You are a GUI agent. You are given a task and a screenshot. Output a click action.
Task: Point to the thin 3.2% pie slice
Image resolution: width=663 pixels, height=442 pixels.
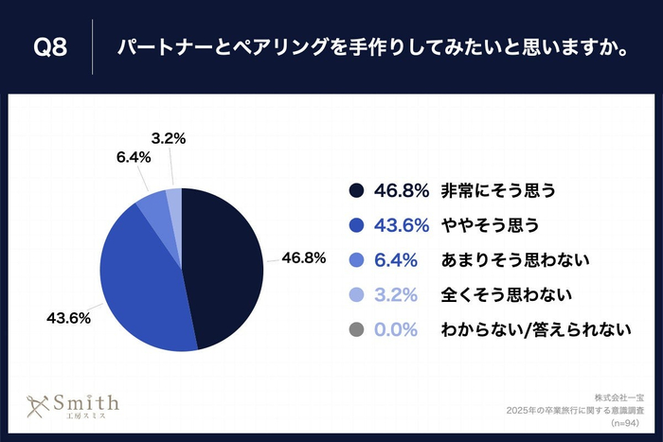(x=174, y=197)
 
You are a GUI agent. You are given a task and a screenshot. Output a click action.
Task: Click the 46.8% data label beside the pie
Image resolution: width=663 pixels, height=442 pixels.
(x=303, y=256)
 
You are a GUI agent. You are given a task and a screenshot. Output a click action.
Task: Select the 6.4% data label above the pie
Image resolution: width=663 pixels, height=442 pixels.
(x=134, y=158)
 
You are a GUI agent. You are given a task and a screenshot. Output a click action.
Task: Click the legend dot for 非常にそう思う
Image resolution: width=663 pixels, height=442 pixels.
(x=356, y=190)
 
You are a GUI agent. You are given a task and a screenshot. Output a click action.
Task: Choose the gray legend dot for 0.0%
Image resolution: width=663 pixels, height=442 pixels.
(x=356, y=330)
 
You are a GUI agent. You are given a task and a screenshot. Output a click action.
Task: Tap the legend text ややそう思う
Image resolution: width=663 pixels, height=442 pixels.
(x=490, y=225)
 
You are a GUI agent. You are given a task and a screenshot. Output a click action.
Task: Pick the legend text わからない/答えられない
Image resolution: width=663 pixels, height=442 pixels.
(x=536, y=330)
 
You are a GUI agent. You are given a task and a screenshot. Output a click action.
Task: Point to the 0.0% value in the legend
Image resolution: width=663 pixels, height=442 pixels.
(x=397, y=330)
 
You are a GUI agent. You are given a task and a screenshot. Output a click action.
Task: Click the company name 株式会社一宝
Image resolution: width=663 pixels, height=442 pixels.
(x=618, y=395)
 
